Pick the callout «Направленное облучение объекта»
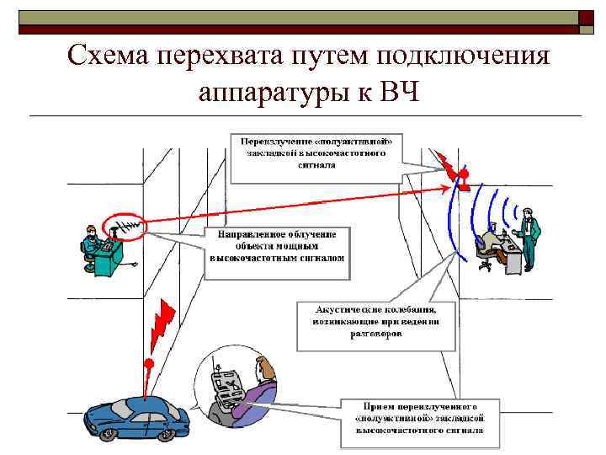coord(277,244)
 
